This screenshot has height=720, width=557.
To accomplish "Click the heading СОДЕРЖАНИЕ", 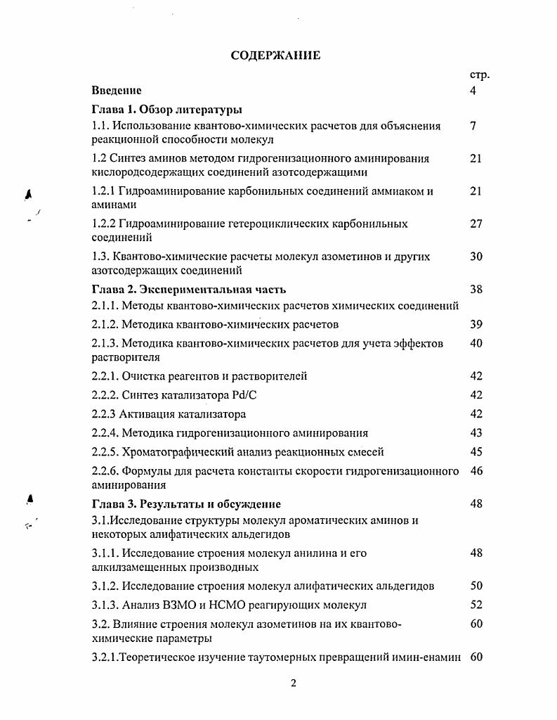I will pos(275,56).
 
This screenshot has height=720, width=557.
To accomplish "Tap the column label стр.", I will pos(478,75).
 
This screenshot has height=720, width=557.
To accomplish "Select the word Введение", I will pos(117,90).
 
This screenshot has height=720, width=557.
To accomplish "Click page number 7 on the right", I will pos(473,126).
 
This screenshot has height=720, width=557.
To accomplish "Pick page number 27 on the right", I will pos(476,224).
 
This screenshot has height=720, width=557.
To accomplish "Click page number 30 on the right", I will pos(476,257).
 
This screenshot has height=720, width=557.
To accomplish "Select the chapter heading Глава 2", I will pos(114,289).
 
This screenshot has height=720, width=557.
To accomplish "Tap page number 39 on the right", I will pos(476,324).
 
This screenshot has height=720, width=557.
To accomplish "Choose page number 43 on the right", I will pos(476,433).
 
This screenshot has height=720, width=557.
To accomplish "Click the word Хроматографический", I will pos(178,452).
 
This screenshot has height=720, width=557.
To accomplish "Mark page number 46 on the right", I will pos(476,471).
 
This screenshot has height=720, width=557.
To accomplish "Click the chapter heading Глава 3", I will pos(114,504).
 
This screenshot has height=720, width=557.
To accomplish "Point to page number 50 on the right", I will pos(476,586).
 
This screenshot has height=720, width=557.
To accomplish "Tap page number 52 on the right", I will pos(476,605).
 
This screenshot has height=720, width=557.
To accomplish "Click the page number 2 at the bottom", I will pos(294,683).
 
